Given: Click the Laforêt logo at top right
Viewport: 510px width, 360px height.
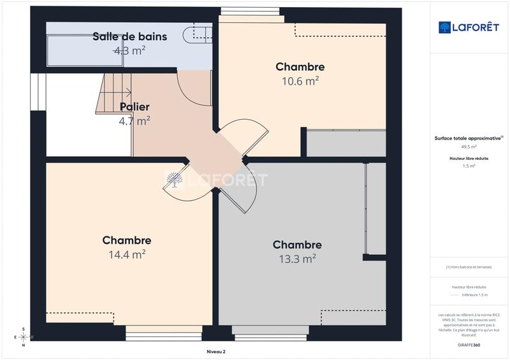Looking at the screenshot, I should click(x=469, y=27).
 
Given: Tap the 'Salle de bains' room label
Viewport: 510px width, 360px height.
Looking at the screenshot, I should click(x=129, y=36).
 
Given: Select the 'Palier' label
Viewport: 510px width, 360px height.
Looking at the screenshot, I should click(x=135, y=106).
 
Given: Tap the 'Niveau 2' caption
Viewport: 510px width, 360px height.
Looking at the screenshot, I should click(x=216, y=351).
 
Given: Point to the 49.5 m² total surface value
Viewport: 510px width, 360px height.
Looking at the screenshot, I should click(x=469, y=147).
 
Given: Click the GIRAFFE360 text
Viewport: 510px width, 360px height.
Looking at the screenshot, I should click(x=469, y=343).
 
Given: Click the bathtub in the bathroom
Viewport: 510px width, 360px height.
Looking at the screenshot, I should click(x=76, y=50).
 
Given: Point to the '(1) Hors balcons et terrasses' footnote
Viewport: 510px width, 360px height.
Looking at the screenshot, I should click(x=469, y=267).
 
